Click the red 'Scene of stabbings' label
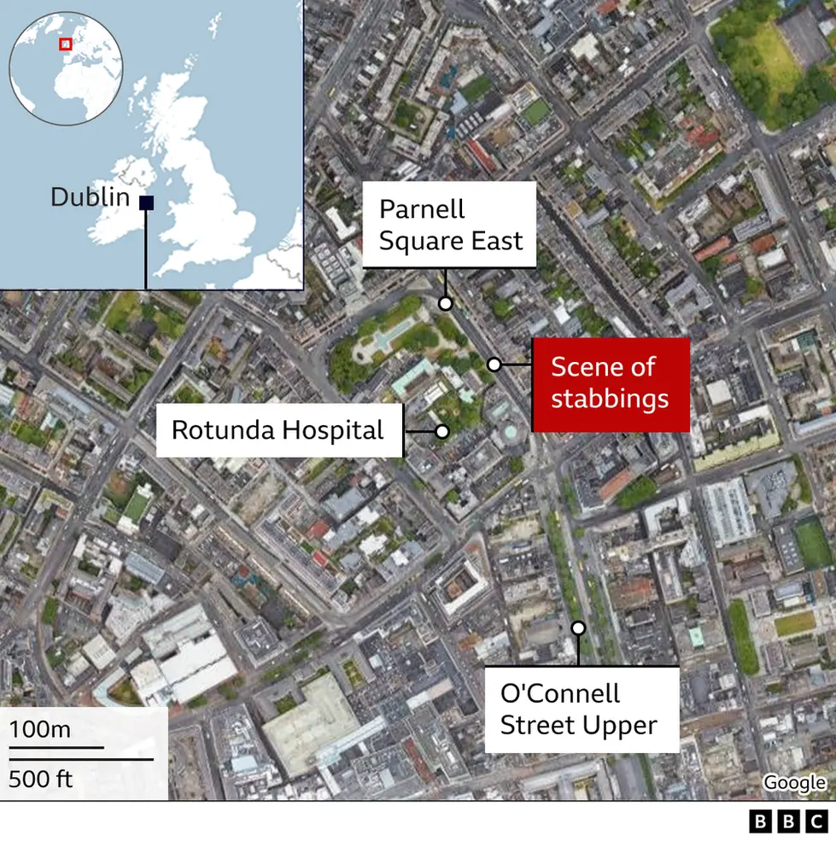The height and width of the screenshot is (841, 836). pyautogui.click(x=610, y=383)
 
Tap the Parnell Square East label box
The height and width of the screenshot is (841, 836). pyautogui.click(x=450, y=225)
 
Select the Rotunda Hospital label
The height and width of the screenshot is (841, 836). pyautogui.click(x=278, y=430)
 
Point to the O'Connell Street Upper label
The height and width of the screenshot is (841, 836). pyautogui.click(x=581, y=709)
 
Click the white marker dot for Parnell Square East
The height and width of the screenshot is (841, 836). pyautogui.click(x=445, y=303)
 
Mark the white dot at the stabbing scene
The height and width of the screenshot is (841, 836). pyautogui.click(x=494, y=365)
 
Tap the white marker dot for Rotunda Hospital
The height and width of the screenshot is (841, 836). pyautogui.click(x=441, y=431)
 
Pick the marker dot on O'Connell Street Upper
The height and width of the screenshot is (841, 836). pyautogui.click(x=578, y=628)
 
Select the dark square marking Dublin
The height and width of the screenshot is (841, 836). pyautogui.click(x=146, y=202)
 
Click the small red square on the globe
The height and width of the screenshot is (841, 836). pyautogui.click(x=65, y=44)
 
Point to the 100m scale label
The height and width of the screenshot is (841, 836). pyautogui.click(x=40, y=730)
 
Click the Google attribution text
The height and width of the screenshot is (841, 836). pyautogui.click(x=794, y=782)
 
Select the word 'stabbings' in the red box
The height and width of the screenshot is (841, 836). pyautogui.click(x=610, y=399)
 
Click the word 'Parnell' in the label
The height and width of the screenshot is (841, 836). pyautogui.click(x=422, y=209)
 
